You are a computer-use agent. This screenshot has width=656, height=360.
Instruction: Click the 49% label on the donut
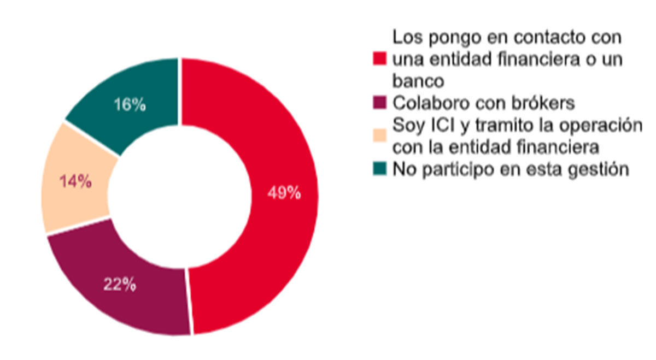pyautogui.click(x=284, y=193)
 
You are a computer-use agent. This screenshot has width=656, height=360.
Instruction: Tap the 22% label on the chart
pyautogui.click(x=120, y=285)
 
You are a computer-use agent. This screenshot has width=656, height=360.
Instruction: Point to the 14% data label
pyautogui.click(x=75, y=182)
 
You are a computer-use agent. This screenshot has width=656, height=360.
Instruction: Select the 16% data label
pyautogui.click(x=130, y=105)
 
